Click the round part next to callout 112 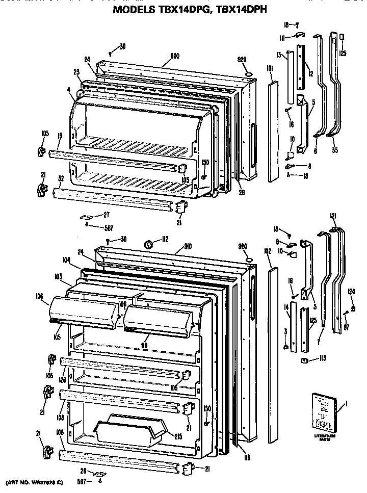(x=150, y=244)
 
